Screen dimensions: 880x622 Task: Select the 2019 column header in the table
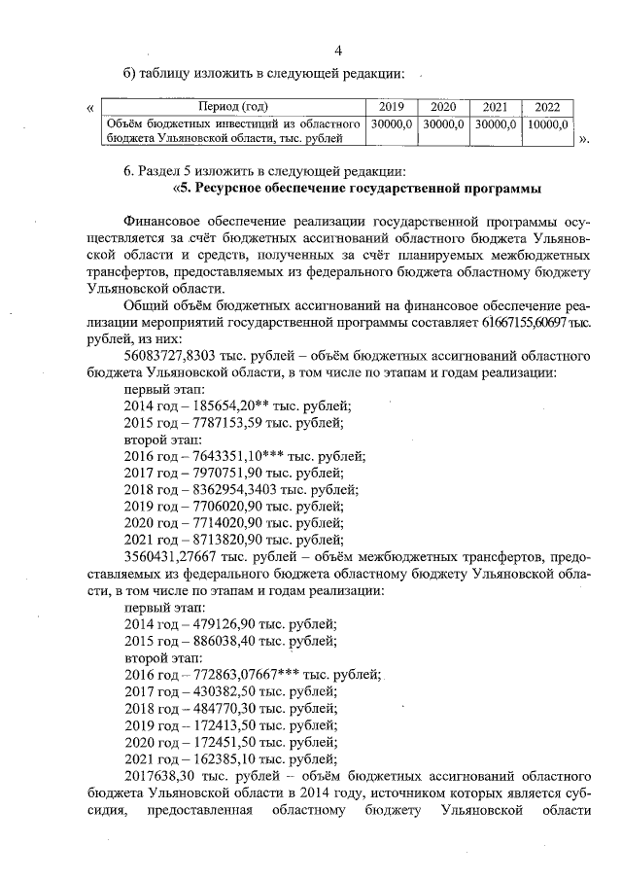coord(392,106)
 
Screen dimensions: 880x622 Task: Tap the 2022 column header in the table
coord(547,106)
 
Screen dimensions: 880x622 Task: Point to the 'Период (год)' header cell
coord(233,106)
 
